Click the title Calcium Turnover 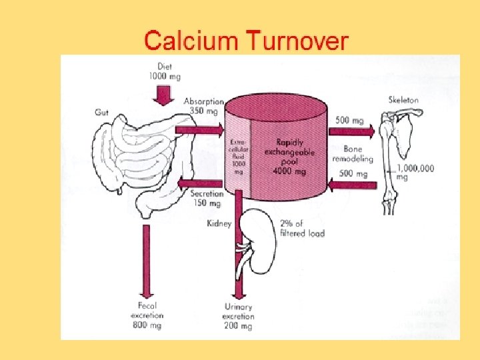tap(246, 41)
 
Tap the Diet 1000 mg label tap(164, 71)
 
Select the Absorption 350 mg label tap(204, 106)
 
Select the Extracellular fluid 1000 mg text tap(238, 155)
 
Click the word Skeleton tap(403, 100)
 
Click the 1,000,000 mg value tap(415, 172)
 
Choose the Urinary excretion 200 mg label tap(238, 316)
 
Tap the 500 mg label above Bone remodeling tap(350, 121)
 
